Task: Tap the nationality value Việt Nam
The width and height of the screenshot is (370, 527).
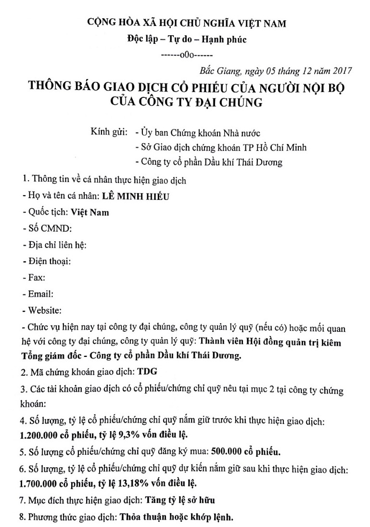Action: (90, 212)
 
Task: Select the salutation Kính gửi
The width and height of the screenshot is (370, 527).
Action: (109, 132)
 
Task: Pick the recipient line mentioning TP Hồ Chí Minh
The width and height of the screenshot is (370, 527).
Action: (221, 147)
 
